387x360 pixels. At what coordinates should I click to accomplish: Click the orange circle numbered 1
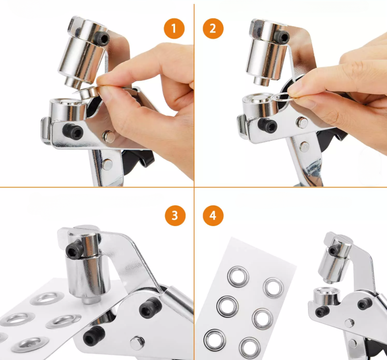pyautogui.click(x=174, y=28)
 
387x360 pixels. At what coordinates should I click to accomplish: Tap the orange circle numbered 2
pyautogui.click(x=213, y=28)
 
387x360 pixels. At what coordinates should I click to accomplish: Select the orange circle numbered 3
pyautogui.click(x=175, y=215)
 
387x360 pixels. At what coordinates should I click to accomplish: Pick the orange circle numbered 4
pyautogui.click(x=213, y=215)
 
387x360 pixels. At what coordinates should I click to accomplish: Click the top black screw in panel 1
pyautogui.click(x=102, y=38)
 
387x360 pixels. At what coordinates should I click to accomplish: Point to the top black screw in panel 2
pyautogui.click(x=282, y=37)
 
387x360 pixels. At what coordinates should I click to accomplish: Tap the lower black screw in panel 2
pyautogui.click(x=268, y=125)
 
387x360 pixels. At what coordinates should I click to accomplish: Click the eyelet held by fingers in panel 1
pyautogui.click(x=88, y=92)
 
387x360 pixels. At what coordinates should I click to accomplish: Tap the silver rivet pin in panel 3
pyautogui.click(x=137, y=343)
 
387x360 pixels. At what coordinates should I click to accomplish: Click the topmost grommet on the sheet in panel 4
pyautogui.click(x=238, y=277)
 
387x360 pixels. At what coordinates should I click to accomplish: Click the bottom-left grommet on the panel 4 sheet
pyautogui.click(x=214, y=340)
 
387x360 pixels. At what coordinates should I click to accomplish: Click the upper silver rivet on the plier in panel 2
pyautogui.click(x=302, y=122)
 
